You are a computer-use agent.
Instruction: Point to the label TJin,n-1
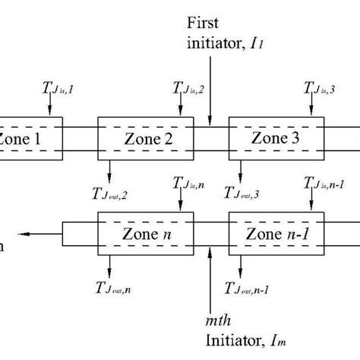point(324,184)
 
